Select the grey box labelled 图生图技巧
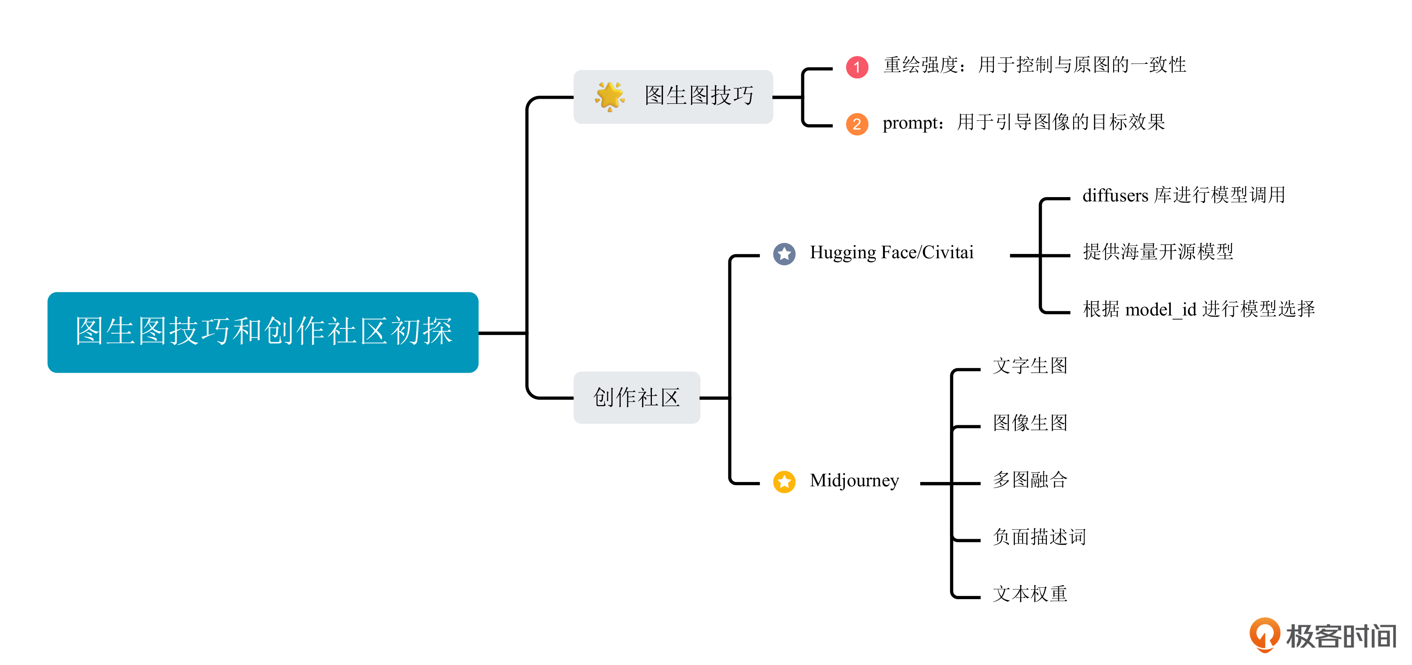click(x=673, y=96)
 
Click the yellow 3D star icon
click(x=610, y=96)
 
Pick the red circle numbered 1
click(x=856, y=67)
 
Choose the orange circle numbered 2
click(x=856, y=124)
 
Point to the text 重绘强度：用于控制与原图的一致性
click(x=1034, y=65)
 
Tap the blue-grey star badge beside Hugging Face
click(x=784, y=254)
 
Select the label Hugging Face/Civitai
click(x=891, y=252)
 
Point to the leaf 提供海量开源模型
click(x=1158, y=252)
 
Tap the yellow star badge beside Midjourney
click(x=784, y=482)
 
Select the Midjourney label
click(x=854, y=480)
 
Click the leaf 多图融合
click(x=1030, y=480)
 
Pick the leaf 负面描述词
click(x=1039, y=537)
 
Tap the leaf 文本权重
click(x=1030, y=594)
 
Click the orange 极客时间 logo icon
click(x=1264, y=635)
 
